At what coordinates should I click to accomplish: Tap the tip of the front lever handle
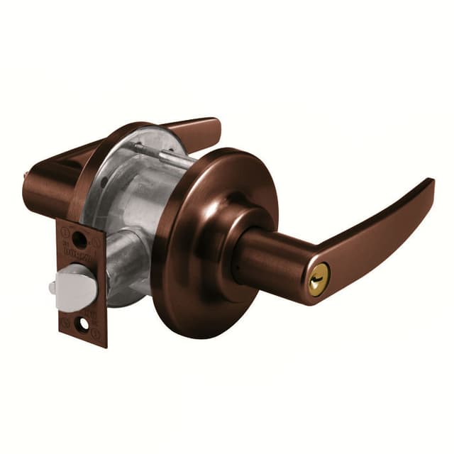click(x=430, y=186)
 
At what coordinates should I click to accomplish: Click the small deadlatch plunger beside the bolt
click(x=52, y=287)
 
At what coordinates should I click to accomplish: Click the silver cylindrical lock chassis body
click(x=138, y=199)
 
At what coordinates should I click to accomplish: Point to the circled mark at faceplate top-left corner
click(x=65, y=231)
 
